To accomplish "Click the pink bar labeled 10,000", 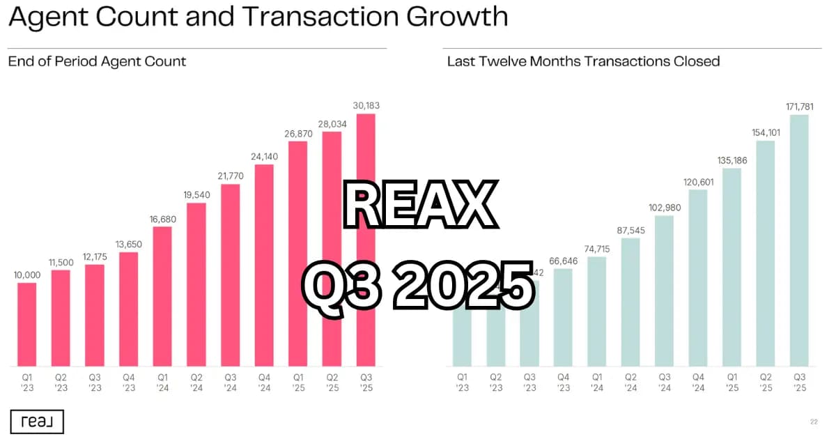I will point(26,324).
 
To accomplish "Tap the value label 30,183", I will point(366,105).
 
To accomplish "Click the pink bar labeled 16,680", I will point(162,296).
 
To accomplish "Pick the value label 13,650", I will point(128,244).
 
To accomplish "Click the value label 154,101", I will point(765,132).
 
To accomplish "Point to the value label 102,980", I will point(664,208).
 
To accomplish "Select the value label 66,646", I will point(563,260).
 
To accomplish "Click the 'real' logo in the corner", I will point(37,421).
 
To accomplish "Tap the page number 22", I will point(814,421).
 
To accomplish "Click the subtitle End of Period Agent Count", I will point(97,61).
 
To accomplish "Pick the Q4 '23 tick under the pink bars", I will point(128,382).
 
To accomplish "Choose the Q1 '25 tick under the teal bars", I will point(731,382).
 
